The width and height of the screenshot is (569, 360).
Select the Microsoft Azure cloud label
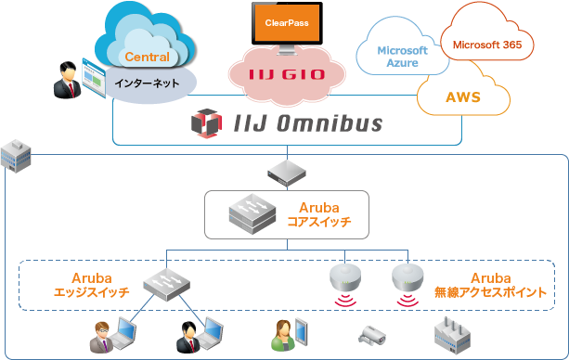pyautogui.click(x=403, y=57)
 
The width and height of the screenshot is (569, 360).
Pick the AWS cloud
pyautogui.click(x=463, y=96)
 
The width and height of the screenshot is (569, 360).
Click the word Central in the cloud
pyautogui.click(x=147, y=58)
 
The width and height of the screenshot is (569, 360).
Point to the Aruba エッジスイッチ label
pyautogui.click(x=91, y=285)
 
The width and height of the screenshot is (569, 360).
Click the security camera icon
pyautogui.click(x=370, y=333)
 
